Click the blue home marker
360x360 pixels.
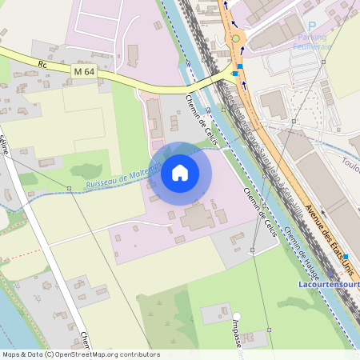point(180,173)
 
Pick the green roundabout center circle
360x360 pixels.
point(235,38)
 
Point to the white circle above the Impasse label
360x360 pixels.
point(237,316)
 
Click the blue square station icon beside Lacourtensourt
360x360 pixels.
point(346,258)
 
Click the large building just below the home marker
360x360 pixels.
point(197,218)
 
